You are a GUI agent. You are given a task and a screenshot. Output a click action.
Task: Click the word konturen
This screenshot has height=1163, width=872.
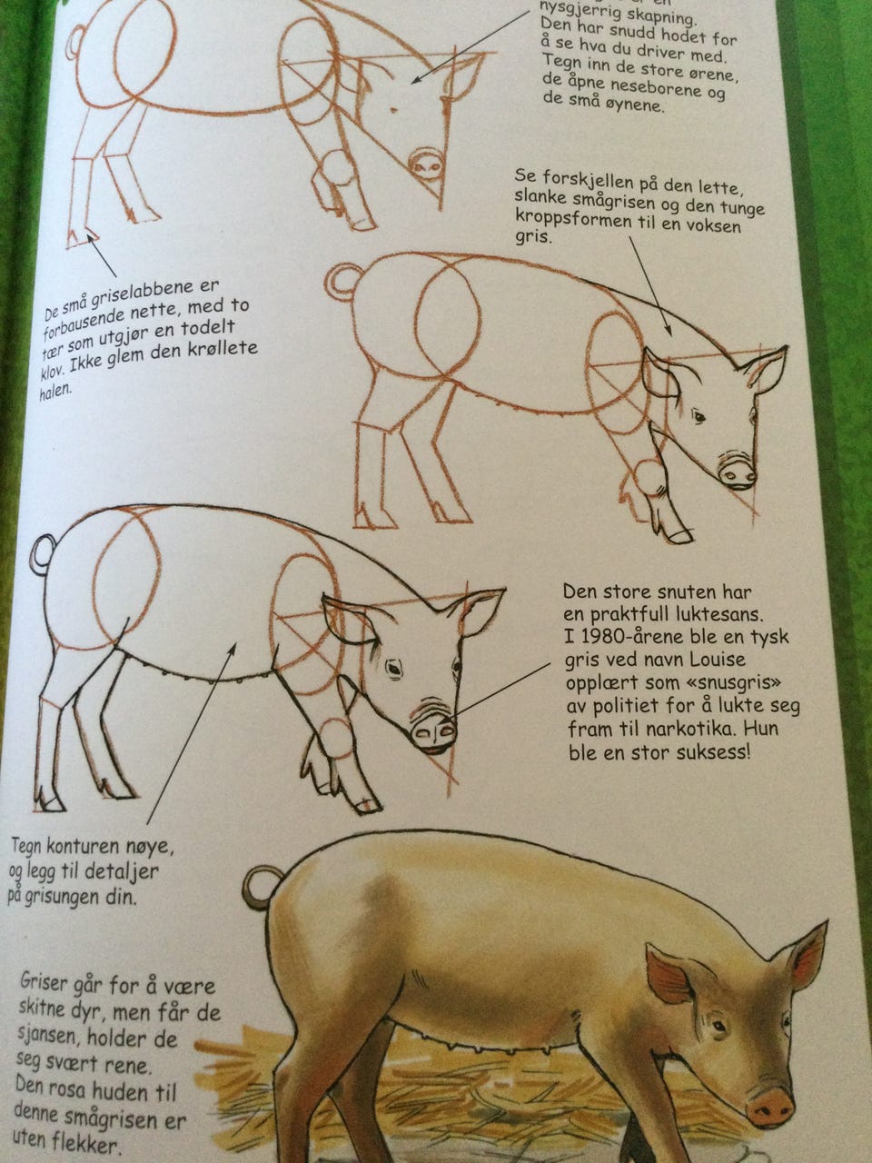point(84,846)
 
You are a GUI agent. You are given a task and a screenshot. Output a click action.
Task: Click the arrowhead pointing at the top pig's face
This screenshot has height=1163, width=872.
point(416,80)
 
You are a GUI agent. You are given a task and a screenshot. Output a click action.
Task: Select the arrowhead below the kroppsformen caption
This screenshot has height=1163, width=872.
point(669,331)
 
